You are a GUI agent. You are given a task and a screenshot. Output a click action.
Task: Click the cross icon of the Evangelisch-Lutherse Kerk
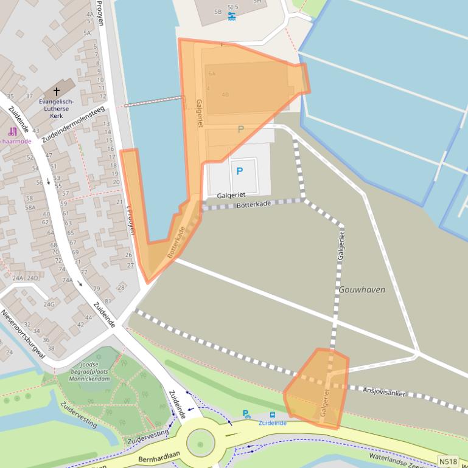[57, 91]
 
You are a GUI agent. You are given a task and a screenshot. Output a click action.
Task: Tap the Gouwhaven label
[363, 290]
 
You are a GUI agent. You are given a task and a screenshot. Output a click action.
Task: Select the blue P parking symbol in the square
[239, 171]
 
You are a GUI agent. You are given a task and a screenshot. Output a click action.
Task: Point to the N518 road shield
[448, 462]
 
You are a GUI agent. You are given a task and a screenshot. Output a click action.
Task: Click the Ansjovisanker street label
[384, 391]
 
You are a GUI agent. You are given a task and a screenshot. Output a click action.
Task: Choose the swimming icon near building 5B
[232, 17]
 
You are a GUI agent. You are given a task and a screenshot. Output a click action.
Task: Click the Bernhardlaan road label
[158, 456]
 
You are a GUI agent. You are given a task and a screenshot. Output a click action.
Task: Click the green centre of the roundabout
[200, 443]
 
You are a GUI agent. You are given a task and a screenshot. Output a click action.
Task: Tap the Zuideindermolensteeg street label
[73, 125]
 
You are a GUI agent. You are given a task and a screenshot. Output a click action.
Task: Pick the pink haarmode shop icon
[12, 131]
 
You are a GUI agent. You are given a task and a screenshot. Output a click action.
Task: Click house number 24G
[48, 304]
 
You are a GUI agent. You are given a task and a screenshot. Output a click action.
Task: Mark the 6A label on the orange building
[212, 74]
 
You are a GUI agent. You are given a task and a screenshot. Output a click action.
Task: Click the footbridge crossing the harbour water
[153, 102]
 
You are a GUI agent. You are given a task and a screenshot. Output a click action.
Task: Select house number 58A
[30, 207]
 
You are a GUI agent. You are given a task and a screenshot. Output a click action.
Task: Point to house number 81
[108, 301]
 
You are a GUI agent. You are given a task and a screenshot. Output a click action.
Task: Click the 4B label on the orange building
[225, 95]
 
